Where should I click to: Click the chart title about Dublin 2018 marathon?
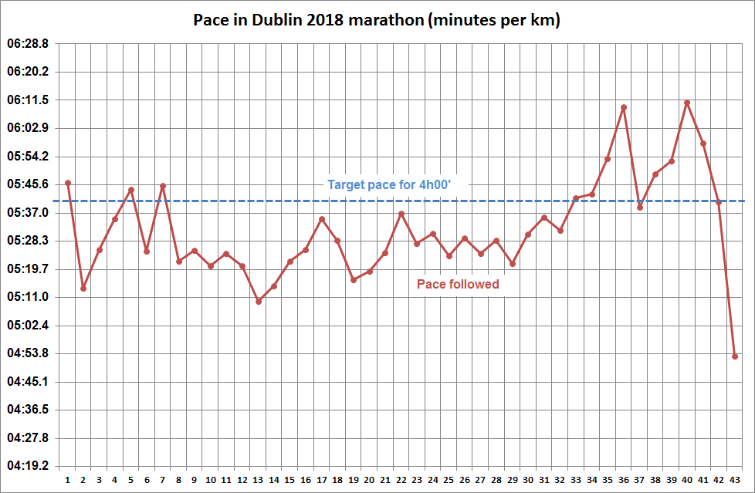[x=377, y=20]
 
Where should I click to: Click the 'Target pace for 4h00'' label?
[x=394, y=185]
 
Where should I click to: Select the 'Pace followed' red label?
[x=458, y=284]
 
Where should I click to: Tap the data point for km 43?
[x=735, y=356]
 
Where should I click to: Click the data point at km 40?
[x=687, y=103]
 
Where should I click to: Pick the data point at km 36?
[x=624, y=107]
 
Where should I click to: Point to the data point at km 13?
[x=259, y=302]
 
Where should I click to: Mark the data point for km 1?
[x=68, y=183]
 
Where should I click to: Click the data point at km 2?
[x=83, y=289]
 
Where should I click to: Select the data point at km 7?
[x=163, y=186]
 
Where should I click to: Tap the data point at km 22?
[x=401, y=214]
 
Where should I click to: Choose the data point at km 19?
[x=354, y=280]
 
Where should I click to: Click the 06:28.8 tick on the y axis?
[x=28, y=44]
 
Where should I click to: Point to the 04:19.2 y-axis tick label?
[x=28, y=466]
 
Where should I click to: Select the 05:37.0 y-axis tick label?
[x=28, y=213]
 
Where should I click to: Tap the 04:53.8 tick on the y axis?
[x=28, y=353]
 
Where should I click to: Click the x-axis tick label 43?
[x=735, y=480]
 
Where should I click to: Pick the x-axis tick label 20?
[x=369, y=480]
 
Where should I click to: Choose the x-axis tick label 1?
[x=68, y=480]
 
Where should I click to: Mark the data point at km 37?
[x=640, y=207]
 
